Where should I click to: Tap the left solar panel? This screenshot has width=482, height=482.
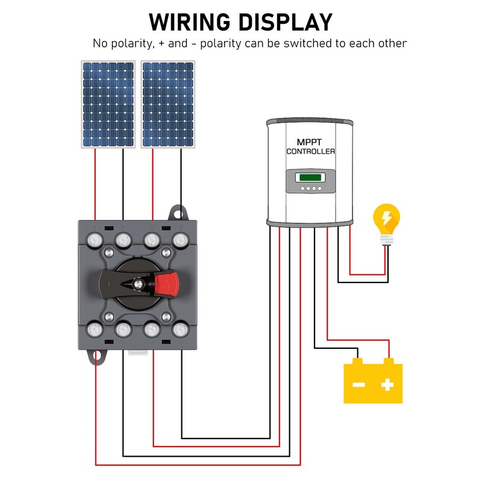click(108, 104)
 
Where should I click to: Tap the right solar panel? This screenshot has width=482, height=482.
click(167, 104)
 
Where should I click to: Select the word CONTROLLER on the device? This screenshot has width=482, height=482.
click(310, 151)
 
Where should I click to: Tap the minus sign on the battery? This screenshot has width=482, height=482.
click(359, 384)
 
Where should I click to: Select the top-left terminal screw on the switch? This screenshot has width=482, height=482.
click(95, 240)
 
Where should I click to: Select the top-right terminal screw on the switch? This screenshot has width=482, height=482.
click(180, 240)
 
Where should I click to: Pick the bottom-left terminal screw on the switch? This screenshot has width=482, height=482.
click(95, 330)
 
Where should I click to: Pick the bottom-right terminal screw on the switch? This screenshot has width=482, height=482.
click(180, 330)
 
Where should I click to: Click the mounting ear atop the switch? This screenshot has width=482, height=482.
click(177, 212)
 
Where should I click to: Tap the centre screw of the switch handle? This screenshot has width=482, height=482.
click(139, 283)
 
